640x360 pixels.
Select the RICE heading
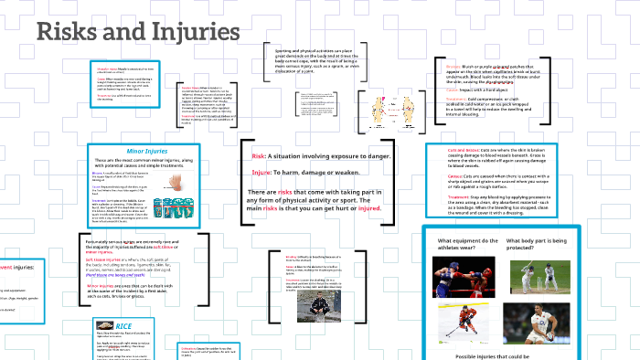click(104, 325)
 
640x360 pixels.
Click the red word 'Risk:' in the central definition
click(259, 157)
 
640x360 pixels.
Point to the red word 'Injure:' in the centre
click(261, 172)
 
